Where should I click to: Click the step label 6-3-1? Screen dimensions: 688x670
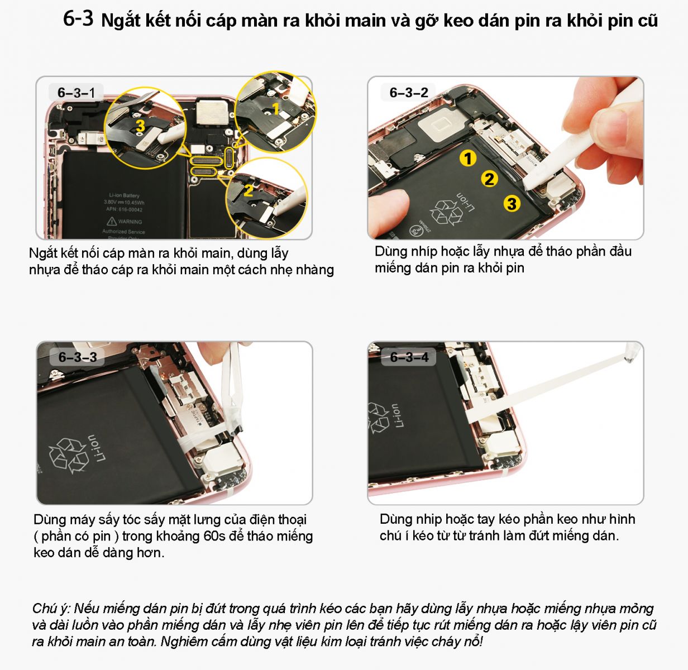76,93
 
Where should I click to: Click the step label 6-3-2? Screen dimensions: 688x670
409,93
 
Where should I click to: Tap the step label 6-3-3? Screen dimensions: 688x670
78,357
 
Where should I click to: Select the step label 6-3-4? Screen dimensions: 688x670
409,357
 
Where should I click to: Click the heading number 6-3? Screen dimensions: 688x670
78,18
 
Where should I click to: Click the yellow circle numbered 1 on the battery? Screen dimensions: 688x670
468,159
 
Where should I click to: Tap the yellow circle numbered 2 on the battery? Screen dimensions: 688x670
490,179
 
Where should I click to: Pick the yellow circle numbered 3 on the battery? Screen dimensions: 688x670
512,203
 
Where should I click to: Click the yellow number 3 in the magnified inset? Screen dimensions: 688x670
140,126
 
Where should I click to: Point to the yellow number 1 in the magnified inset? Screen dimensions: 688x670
276,108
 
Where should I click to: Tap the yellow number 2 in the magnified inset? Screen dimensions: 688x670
248,190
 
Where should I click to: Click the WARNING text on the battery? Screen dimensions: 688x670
130,222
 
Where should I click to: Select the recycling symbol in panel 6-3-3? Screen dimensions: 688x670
69,456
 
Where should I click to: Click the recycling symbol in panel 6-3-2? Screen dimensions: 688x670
446,213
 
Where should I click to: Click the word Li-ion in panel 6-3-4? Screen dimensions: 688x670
396,415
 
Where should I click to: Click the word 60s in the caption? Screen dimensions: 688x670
214,536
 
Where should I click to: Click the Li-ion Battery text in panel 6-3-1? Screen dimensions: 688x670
124,195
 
